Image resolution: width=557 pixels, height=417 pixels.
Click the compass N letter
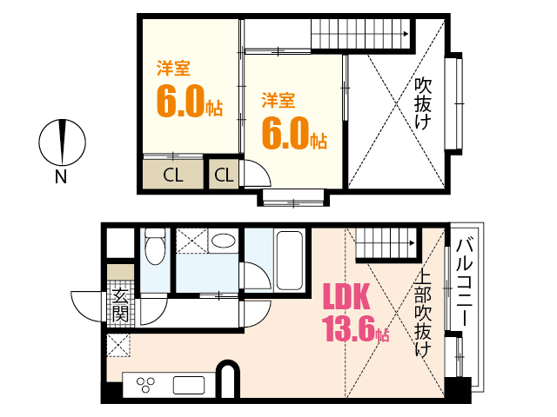tap(61, 176)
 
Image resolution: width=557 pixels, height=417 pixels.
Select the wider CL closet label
tap(173, 175)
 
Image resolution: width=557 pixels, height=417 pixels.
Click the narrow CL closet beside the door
tap(224, 175)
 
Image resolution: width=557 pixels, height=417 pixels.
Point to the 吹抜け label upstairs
tap(423, 103)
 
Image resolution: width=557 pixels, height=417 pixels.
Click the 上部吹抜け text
tap(423, 313)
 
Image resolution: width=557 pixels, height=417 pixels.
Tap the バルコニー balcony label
tap(465, 282)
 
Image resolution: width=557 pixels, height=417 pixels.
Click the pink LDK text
tap(346, 296)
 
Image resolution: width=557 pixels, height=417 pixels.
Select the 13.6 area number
tap(350, 329)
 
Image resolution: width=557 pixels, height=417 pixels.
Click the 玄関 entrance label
tap(120, 305)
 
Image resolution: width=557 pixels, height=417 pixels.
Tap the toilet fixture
tap(155, 246)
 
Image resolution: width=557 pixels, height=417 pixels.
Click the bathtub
tap(290, 261)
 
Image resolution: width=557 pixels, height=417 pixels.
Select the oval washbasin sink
tap(223, 241)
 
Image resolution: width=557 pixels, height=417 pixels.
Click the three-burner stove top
tap(146, 385)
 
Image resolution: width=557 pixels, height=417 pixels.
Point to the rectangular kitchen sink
tap(189, 386)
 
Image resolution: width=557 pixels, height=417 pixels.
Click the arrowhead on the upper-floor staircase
tap(406, 34)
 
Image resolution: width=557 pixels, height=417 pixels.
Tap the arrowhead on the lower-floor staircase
tap(412, 243)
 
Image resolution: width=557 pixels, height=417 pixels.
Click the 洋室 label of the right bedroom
tap(278, 100)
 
